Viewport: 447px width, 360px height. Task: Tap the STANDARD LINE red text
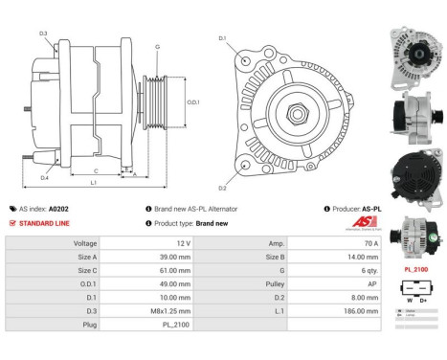click(x=45, y=222)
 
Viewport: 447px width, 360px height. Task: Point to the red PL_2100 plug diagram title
click(x=416, y=271)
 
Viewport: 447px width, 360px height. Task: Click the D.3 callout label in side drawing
click(x=45, y=34)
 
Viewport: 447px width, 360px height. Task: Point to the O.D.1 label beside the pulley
click(x=192, y=102)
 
